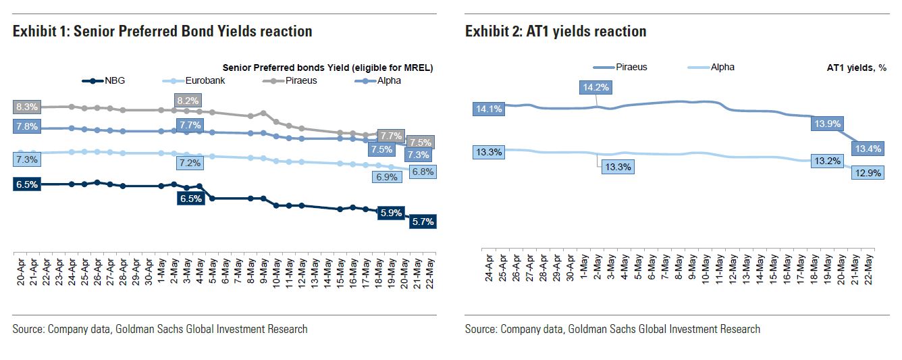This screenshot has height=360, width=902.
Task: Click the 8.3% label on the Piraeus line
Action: pos(26,107)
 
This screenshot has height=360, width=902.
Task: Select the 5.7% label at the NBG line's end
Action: pos(422,221)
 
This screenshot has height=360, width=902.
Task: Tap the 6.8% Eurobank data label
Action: pos(422,172)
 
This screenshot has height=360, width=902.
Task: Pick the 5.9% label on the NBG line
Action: pos(390,213)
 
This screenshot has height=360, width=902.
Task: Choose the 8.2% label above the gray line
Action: pos(188,101)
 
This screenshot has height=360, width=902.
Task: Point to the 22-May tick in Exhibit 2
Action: pos(870,267)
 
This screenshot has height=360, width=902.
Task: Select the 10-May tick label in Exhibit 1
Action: pos(276,269)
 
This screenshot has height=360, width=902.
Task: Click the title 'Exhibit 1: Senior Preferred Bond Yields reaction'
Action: pos(162,31)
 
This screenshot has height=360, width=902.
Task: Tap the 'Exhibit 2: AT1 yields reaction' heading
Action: pos(556,31)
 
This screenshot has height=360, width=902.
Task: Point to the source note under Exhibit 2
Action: pos(612,329)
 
